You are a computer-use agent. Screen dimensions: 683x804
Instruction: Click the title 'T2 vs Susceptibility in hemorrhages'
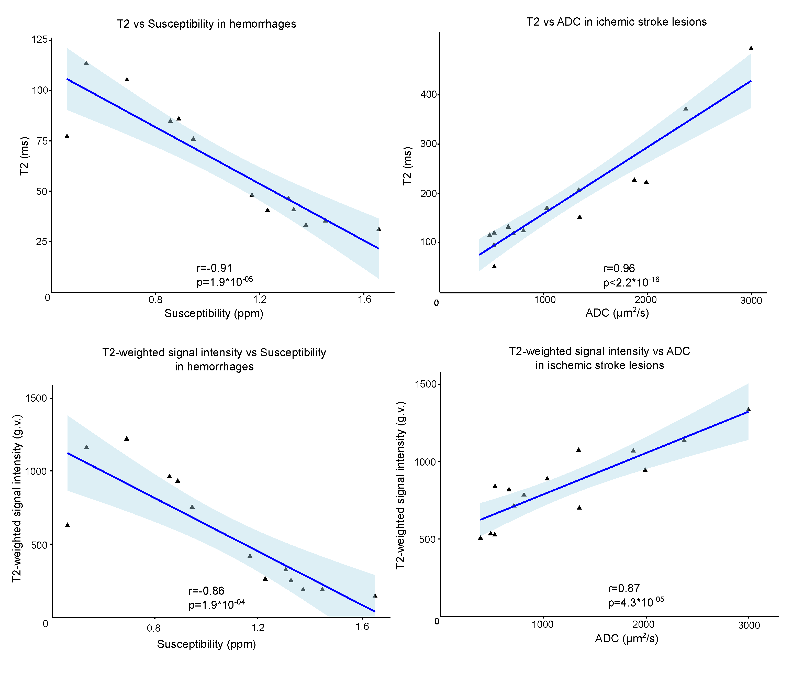coord(206,24)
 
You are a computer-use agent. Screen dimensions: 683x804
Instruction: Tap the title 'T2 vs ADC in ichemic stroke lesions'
coord(616,22)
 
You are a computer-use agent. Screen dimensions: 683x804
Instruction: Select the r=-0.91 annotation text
coord(214,268)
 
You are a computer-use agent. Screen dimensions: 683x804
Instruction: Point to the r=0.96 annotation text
coord(619,268)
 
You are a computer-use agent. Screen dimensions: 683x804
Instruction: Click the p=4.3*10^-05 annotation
coord(636,602)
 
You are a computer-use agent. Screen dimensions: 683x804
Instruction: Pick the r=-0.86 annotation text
coord(206,590)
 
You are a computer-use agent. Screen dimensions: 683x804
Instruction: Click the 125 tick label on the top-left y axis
coord(39,39)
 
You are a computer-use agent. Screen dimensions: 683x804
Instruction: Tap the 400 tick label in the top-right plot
coord(429,94)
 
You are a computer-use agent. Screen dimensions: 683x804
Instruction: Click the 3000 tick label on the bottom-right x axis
coord(749,625)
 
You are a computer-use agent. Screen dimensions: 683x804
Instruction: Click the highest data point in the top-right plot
coord(751,48)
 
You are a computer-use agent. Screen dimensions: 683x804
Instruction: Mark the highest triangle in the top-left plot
coord(86,63)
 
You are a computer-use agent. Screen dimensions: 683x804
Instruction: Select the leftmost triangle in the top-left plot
coord(67,136)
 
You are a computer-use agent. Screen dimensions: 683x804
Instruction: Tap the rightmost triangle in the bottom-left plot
coord(375,596)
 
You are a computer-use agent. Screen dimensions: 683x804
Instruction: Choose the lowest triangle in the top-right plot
coord(494,266)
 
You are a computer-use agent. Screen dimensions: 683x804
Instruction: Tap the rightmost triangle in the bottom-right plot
coord(748,410)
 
